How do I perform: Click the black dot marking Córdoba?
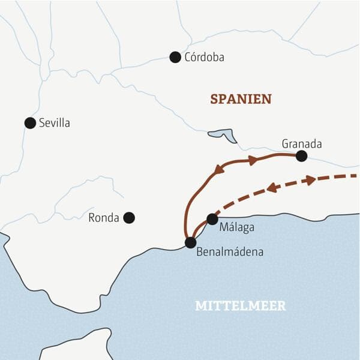pos(175,57)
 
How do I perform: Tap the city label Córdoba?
pos(205,58)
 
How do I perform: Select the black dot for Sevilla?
pos(30,123)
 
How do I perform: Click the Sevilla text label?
pos(54,123)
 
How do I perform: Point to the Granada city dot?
pos(301,156)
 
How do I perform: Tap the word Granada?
pos(301,144)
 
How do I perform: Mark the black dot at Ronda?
pos(128,218)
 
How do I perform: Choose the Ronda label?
pos(103,218)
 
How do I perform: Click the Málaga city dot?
pos(212,219)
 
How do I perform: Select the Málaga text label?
pos(237,228)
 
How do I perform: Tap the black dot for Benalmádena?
pos(190,242)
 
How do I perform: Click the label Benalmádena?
pos(229,252)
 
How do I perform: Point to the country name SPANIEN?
pos(241,99)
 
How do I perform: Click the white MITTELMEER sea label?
pos(240,306)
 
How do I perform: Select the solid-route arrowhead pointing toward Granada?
pos(253,160)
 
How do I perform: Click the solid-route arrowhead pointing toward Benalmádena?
pos(218,170)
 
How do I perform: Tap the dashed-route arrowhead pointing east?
pos(310,180)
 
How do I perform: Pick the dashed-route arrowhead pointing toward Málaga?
pos(272,188)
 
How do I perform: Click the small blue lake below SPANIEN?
pos(222,134)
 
